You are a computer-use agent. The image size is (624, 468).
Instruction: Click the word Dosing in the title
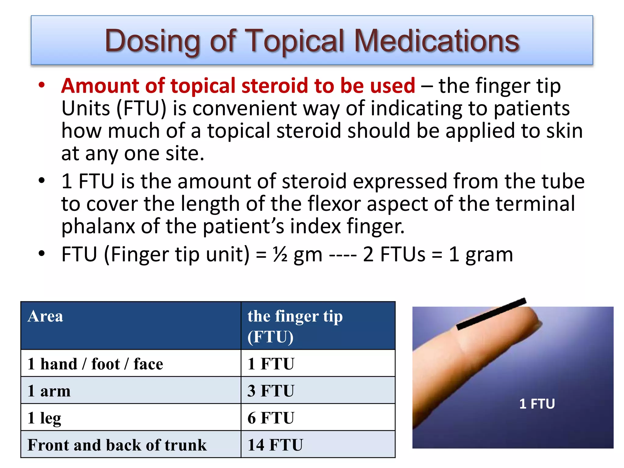point(152,41)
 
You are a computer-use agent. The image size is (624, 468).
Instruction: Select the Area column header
point(45,316)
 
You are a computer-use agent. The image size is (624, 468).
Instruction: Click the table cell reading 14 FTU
point(275,445)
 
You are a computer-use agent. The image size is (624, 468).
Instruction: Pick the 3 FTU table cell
point(271,391)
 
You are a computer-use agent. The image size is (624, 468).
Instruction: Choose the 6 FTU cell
point(271,418)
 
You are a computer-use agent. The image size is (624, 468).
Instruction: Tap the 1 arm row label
point(49,391)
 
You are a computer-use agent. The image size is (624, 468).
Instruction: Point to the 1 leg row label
point(44,418)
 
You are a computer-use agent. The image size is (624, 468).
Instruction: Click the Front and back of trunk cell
point(117,445)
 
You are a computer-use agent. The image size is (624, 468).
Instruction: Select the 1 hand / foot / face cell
point(95,364)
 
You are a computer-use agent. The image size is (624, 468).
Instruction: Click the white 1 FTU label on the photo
point(537,404)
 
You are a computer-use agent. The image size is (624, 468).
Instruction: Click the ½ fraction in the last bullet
point(280,254)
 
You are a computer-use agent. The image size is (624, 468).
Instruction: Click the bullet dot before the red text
point(42,85)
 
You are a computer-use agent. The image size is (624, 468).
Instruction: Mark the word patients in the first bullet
point(531,108)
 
